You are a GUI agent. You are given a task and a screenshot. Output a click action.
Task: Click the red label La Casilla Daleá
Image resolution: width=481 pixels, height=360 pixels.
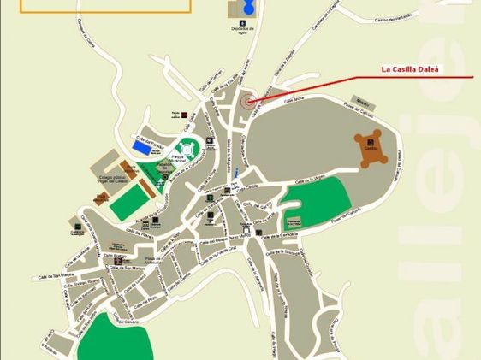tap(409, 71)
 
